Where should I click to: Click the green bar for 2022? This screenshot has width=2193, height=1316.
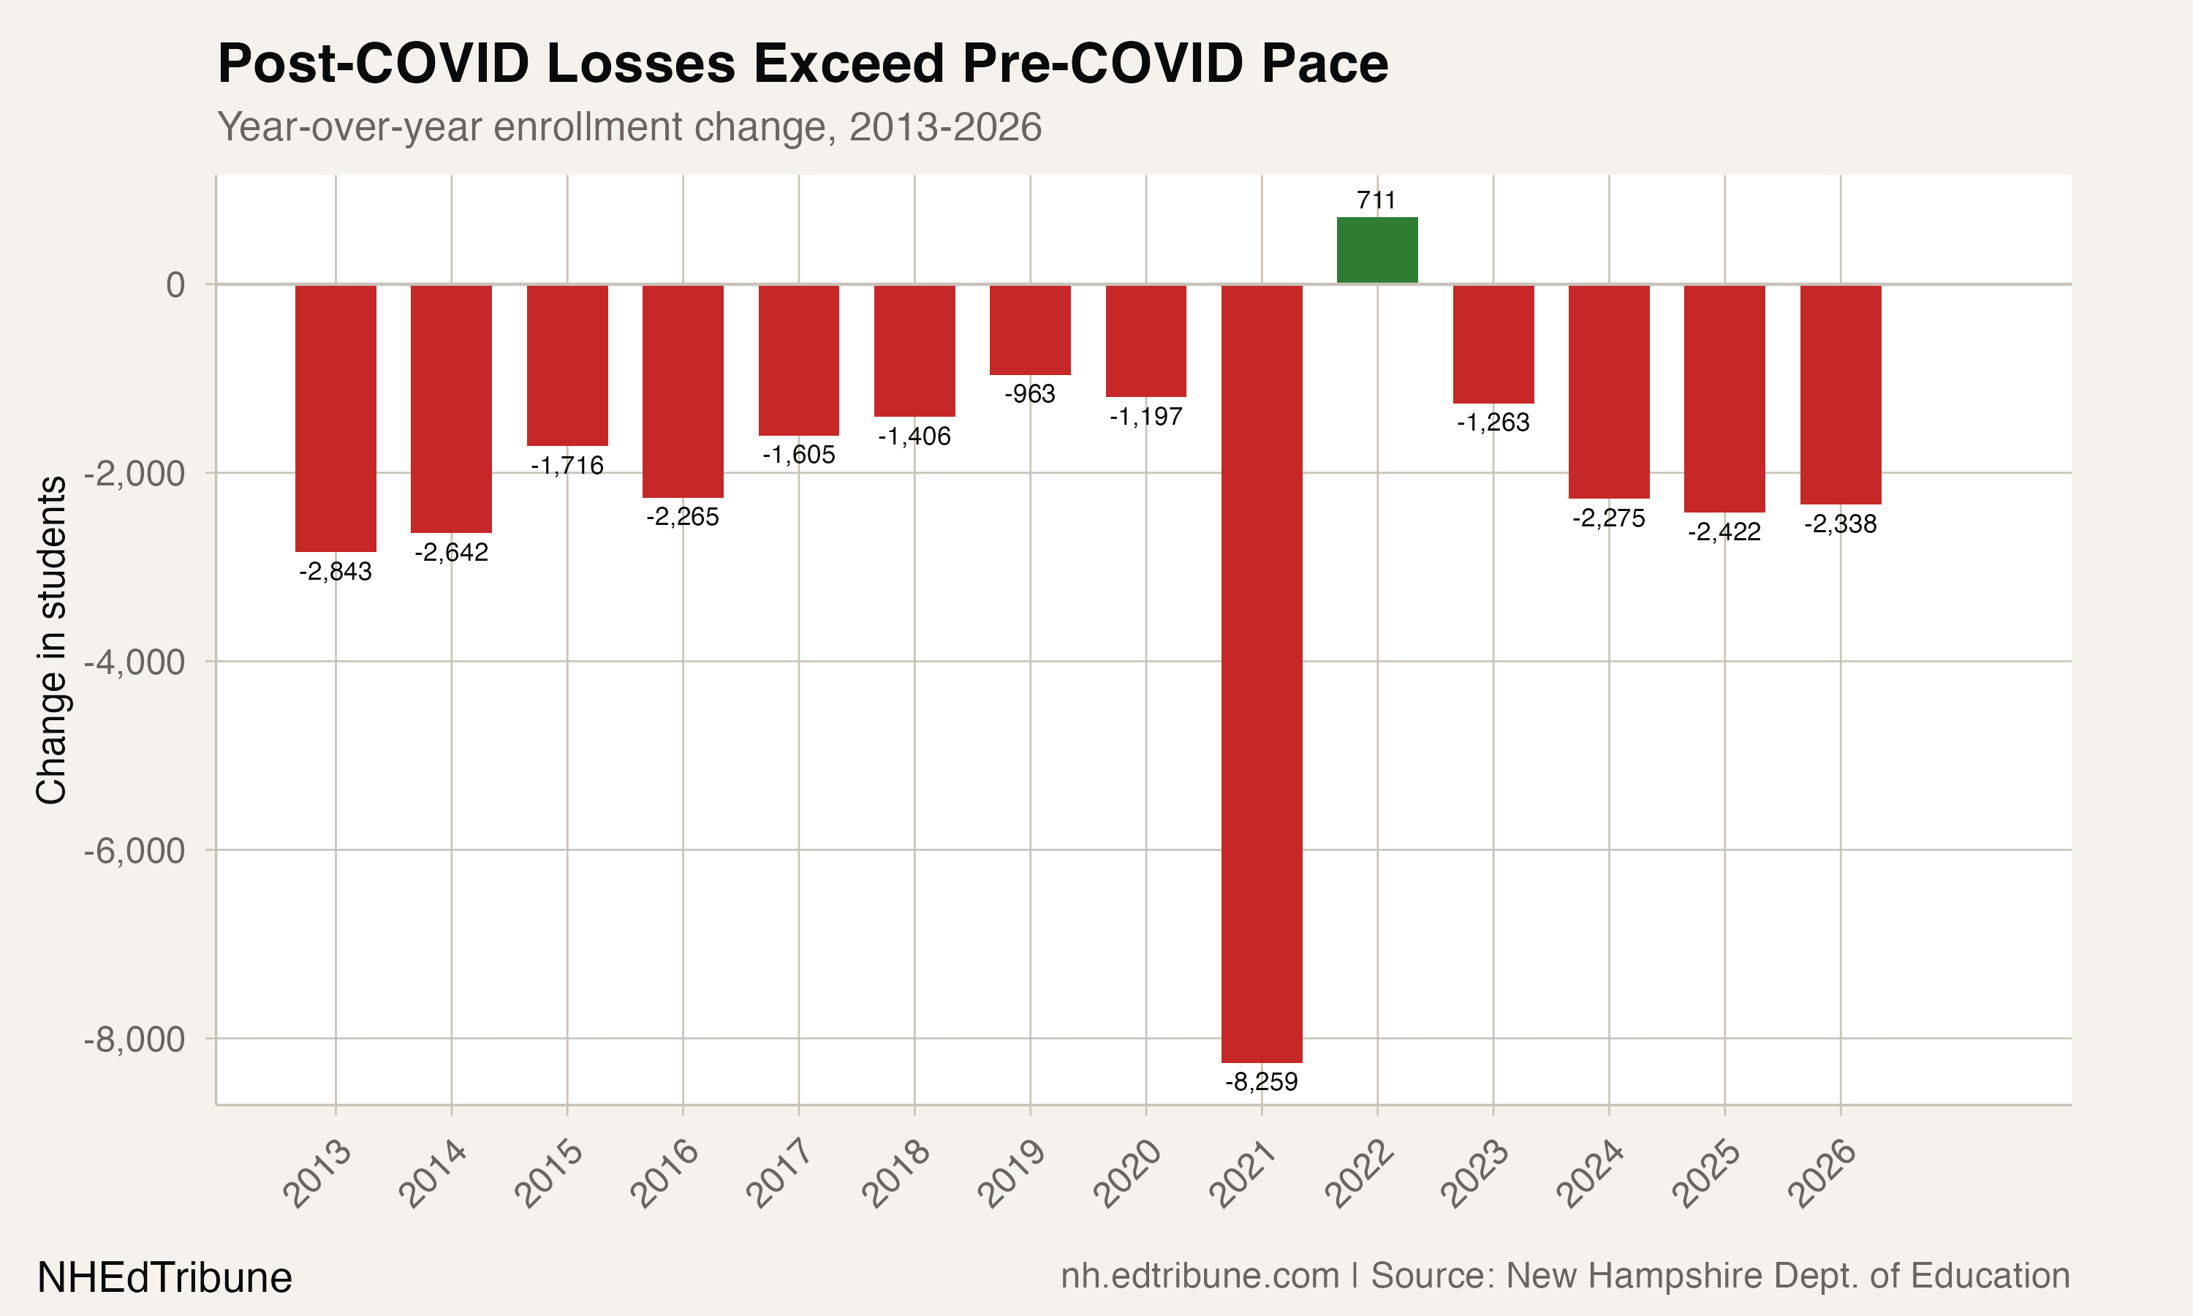[x=1376, y=250]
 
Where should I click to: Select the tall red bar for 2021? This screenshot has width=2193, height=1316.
[x=1262, y=674]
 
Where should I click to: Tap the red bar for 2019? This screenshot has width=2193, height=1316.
[x=1030, y=330]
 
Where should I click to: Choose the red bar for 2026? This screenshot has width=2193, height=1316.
[x=1840, y=395]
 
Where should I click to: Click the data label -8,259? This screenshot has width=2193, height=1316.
[x=1262, y=1082]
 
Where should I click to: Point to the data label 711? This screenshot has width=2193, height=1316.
[x=1376, y=200]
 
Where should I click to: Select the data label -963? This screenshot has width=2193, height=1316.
[x=1030, y=394]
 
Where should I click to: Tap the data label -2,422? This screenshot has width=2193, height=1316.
[x=1724, y=532]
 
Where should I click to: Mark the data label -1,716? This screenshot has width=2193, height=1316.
[x=567, y=466]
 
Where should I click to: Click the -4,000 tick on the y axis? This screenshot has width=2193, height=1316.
[x=135, y=662]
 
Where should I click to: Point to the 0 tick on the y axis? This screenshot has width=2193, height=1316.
[x=175, y=284]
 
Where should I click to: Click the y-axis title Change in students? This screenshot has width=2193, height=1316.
[x=51, y=640]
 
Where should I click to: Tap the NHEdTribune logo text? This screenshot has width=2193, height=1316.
[x=165, y=1278]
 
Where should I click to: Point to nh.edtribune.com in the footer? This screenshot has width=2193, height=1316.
[x=1200, y=1276]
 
